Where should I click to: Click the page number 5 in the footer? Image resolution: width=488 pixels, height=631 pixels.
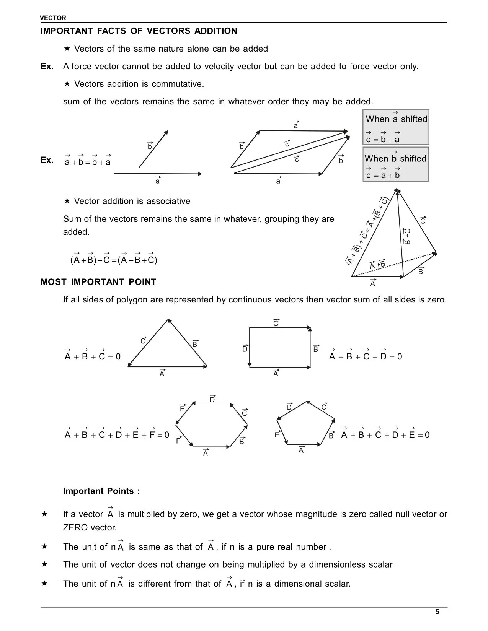[x=437, y=612]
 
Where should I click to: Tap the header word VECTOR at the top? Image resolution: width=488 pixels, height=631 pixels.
[x=53, y=18]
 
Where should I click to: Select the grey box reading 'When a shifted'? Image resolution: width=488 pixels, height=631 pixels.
[x=396, y=127]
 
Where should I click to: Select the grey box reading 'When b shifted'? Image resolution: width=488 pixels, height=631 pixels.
[x=396, y=164]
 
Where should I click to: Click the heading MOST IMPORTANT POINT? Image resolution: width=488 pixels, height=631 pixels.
[x=98, y=282]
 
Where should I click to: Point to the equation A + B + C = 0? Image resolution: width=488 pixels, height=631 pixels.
[x=92, y=356]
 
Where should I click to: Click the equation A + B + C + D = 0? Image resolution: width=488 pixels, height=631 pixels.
[x=366, y=356]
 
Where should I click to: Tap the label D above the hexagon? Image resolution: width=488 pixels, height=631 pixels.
[x=212, y=400]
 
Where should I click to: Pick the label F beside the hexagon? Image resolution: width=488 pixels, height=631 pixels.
[x=178, y=441]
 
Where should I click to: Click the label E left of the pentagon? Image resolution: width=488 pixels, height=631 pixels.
[x=277, y=434]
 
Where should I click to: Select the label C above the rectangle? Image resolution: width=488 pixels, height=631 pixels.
[x=276, y=324]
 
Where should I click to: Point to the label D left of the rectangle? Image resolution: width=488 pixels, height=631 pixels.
[x=245, y=349]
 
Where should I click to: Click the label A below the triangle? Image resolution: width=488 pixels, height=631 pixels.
[x=162, y=374]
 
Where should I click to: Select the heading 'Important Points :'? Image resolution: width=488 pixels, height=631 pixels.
[x=101, y=491]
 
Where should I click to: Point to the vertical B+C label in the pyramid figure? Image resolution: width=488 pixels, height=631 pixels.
[x=407, y=237]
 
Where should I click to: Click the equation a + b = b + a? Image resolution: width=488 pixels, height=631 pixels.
[x=88, y=162]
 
